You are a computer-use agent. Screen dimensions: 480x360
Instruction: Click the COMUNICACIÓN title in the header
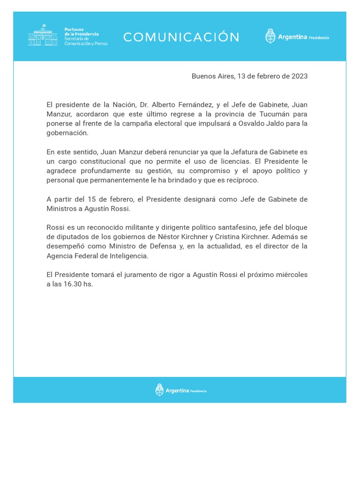(181, 37)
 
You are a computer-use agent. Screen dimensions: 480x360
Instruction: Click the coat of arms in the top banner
(270, 37)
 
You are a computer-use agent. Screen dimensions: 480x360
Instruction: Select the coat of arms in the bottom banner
(159, 390)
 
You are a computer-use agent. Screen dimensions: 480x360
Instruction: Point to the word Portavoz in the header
(74, 30)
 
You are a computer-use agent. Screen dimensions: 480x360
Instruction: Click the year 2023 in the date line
(300, 76)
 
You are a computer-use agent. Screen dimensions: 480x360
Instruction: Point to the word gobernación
(67, 133)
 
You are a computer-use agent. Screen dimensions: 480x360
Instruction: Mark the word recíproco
(242, 180)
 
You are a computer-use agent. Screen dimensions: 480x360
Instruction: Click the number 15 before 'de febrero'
(92, 199)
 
